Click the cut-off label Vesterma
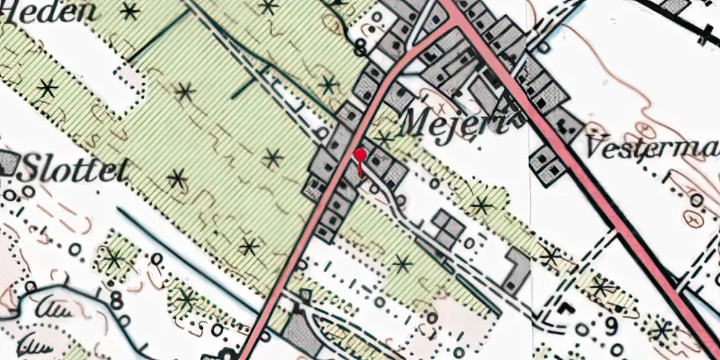pos(652,148)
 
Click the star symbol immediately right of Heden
pos(130,11)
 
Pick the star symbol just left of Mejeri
pos(386,137)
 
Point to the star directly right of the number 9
pos(660,330)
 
